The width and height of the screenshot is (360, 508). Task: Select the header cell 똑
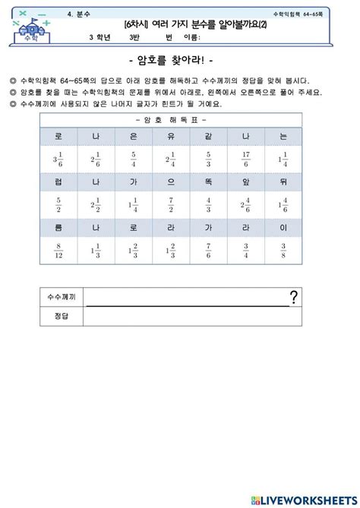tap(207, 181)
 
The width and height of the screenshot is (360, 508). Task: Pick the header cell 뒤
tap(283, 181)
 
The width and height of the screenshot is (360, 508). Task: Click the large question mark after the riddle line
tap(293, 297)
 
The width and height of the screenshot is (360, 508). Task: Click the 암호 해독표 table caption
tap(170, 120)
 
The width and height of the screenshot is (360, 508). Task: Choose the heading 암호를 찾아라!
tap(179, 62)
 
